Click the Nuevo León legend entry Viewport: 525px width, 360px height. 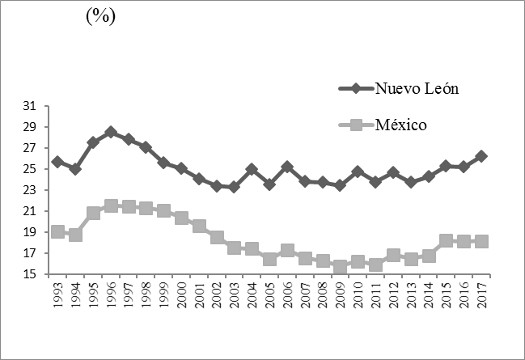pos(417,88)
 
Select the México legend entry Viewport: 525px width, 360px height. pos(411,125)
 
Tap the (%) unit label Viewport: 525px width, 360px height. pos(101,17)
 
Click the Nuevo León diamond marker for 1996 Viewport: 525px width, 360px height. pos(111,132)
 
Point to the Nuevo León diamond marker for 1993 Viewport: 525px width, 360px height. pos(57,162)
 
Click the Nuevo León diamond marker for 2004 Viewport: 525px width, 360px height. pos(252,170)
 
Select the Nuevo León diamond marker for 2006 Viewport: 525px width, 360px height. pos(287,167)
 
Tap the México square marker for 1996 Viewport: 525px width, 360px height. pos(111,206)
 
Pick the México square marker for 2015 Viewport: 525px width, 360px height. pos(447,241)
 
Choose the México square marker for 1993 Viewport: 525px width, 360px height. pos(57,231)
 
